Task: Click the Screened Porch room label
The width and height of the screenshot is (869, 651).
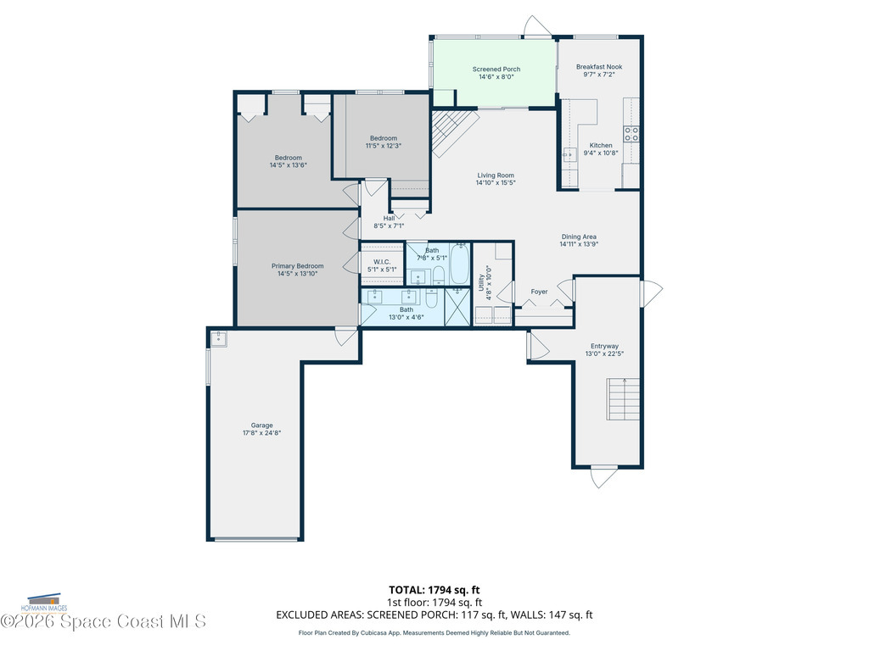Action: [x=496, y=70]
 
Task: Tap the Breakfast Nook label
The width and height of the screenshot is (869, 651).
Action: [x=599, y=67]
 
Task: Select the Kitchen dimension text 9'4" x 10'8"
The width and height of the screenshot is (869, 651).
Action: [x=601, y=153]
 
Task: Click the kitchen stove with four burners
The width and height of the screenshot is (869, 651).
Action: [x=631, y=134]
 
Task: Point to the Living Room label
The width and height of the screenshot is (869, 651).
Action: [x=496, y=175]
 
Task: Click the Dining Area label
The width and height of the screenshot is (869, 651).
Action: [x=579, y=236]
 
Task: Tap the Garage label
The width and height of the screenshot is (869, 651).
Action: [x=261, y=426]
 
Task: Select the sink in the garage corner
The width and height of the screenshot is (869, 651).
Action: [x=218, y=339]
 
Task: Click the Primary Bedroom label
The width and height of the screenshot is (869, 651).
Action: [x=298, y=265]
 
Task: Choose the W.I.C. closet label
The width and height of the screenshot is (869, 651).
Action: [x=382, y=262]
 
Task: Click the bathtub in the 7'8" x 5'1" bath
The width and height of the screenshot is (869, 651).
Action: [x=459, y=264]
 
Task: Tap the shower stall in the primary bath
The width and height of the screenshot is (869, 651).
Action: [x=457, y=307]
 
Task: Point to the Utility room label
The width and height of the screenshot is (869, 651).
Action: [x=481, y=282]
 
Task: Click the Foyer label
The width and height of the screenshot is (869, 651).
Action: [x=539, y=292]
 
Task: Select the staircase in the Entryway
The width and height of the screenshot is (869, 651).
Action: [x=623, y=399]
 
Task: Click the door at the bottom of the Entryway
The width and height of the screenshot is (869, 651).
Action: [x=603, y=477]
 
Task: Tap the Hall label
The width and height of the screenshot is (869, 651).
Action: [x=389, y=218]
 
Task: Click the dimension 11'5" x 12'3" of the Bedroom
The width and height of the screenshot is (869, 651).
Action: [x=384, y=146]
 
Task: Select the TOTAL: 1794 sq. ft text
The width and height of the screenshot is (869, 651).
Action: [x=434, y=590]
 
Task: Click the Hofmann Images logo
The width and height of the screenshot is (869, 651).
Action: [x=44, y=604]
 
